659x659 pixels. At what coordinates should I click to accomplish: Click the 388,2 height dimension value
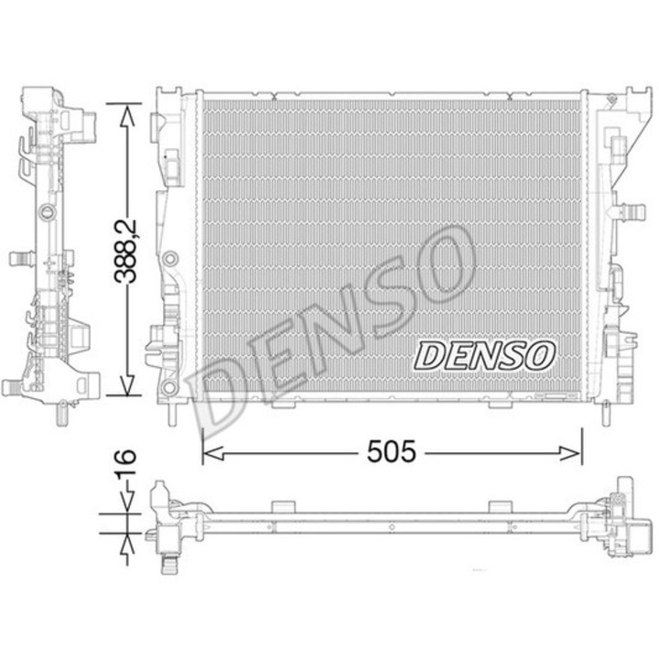pos(125,251)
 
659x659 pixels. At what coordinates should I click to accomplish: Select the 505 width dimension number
pos(392,452)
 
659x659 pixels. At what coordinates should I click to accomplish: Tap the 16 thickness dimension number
pos(125,462)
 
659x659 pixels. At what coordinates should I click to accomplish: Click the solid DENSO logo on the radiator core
pos(484,356)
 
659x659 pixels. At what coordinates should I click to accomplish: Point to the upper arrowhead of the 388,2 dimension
pos(127,115)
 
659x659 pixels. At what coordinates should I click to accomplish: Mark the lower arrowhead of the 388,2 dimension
pos(127,384)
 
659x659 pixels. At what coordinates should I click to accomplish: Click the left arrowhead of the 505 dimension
pos(213,453)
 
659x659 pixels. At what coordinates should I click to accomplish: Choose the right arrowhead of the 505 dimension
pos(571,453)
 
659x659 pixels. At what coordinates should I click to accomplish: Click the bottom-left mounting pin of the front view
pos(173,414)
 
